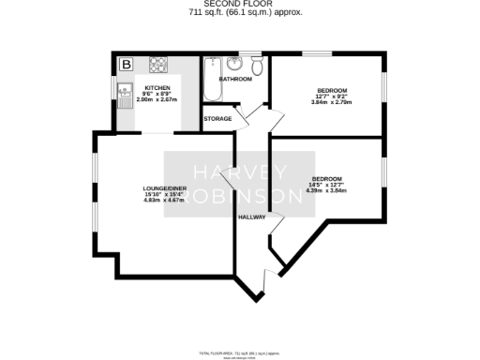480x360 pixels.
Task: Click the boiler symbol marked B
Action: pyautogui.click(x=126, y=65)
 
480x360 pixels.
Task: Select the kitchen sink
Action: pyautogui.click(x=125, y=91)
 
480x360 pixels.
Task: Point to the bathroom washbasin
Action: pyautogui.click(x=234, y=64)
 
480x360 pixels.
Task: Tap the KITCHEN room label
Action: pyautogui.click(x=157, y=87)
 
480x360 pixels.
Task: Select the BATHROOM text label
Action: pyautogui.click(x=235, y=80)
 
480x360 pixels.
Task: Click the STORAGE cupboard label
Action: pyautogui.click(x=217, y=119)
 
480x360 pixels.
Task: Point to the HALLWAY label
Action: pyautogui.click(x=252, y=217)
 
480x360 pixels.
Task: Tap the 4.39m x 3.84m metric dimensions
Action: pyautogui.click(x=327, y=190)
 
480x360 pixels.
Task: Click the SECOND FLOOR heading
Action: pyautogui.click(x=240, y=5)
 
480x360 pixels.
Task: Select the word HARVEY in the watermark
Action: pyautogui.click(x=240, y=172)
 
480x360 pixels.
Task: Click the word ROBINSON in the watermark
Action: pyautogui.click(x=240, y=197)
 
